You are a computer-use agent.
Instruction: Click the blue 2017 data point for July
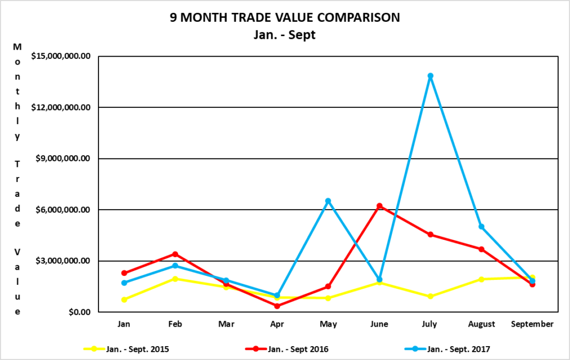pos(430,76)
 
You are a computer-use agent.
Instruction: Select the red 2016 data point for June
pos(379,206)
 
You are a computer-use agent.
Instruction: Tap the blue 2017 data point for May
pos(328,201)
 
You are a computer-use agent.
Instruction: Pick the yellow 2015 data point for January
pos(124,299)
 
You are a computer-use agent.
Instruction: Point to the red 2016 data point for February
pos(175,254)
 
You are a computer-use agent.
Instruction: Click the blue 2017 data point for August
pos(481,226)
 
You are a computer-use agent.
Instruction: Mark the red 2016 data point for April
pos(277,305)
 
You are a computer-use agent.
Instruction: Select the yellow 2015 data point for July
pos(430,297)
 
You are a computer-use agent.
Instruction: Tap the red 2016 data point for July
pos(430,235)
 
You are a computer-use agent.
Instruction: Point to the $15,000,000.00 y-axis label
pos(61,56)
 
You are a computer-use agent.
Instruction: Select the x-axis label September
pos(533,323)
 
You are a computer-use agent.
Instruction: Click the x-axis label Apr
pos(277,323)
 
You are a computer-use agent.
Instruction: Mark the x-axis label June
pos(379,323)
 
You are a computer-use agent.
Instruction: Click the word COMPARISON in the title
pos(349,17)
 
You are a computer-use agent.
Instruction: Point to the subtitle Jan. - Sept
pos(284,34)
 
